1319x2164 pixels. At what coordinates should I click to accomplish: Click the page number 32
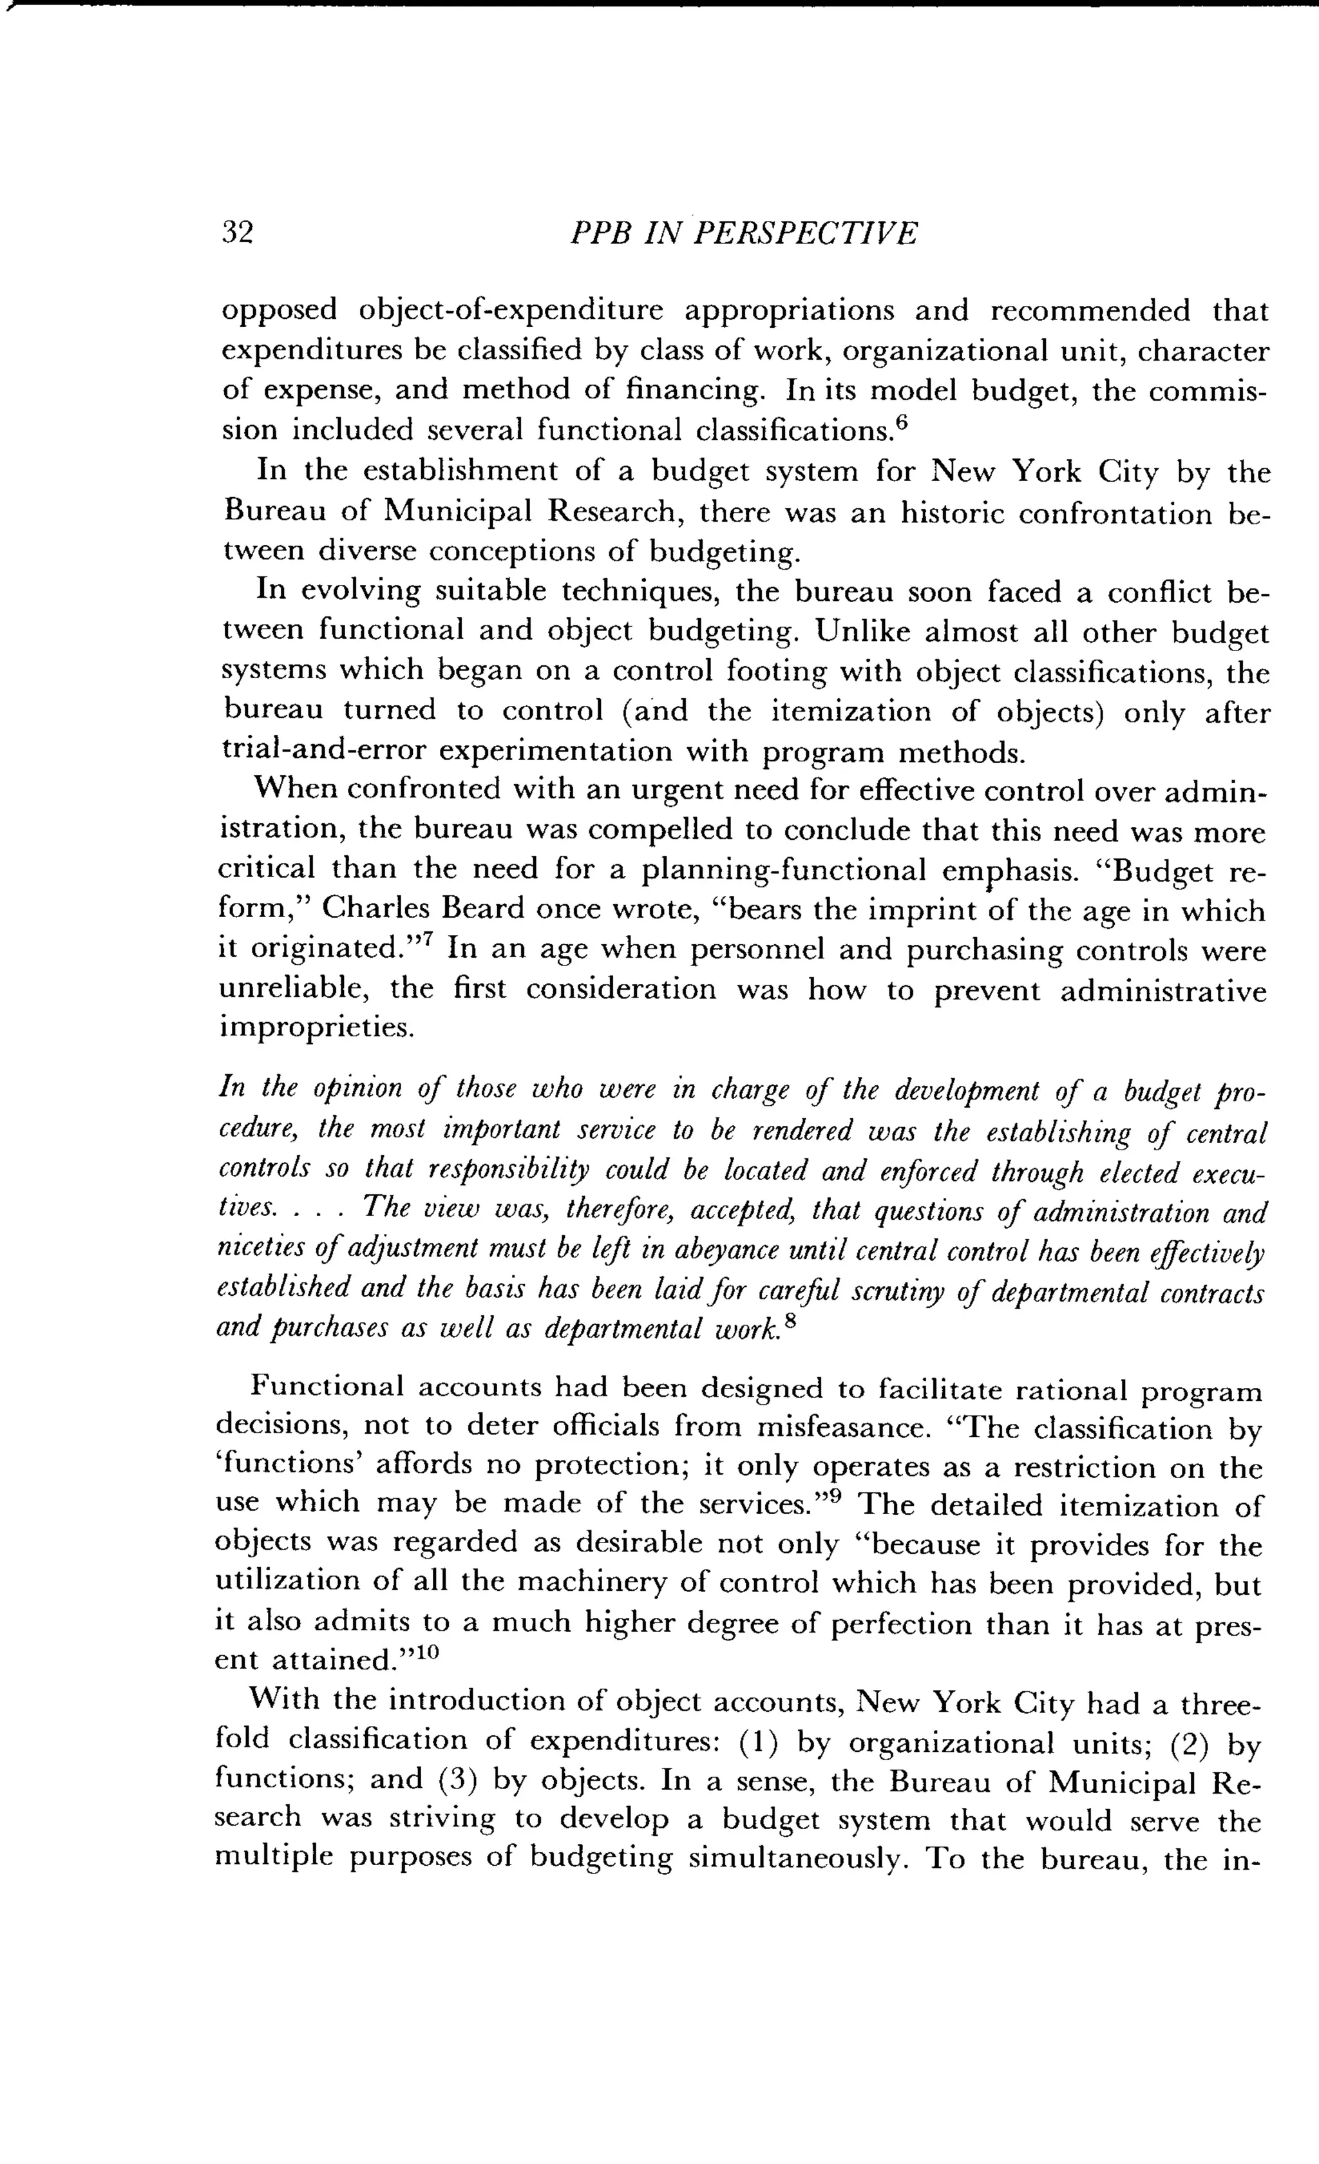(237, 233)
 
